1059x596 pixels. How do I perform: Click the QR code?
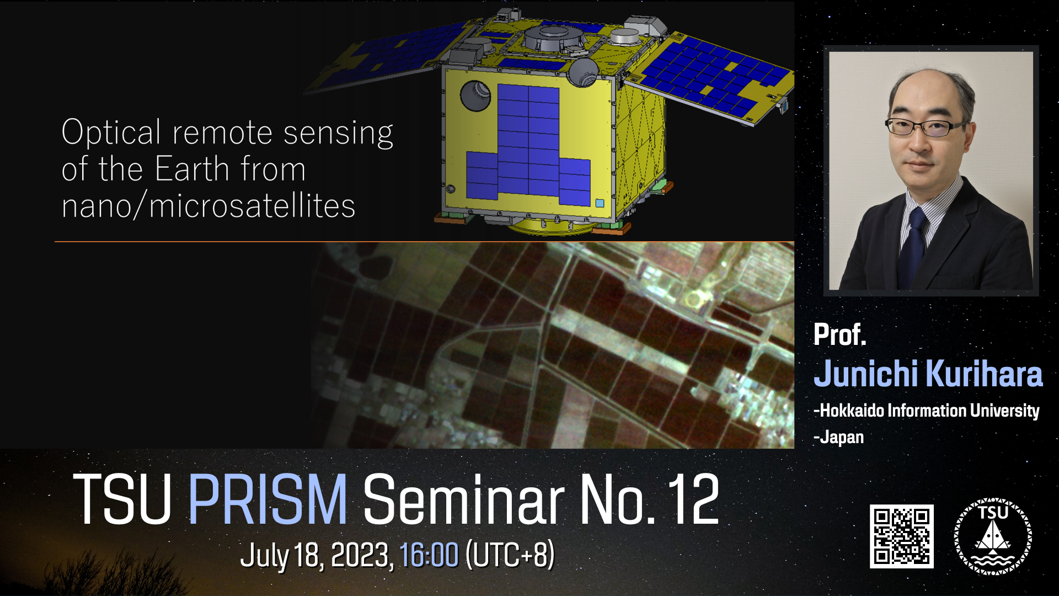[x=902, y=536]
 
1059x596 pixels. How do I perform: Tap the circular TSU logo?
[x=993, y=536]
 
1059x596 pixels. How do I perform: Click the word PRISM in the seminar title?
[x=268, y=499]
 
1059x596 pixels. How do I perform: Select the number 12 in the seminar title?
[x=693, y=499]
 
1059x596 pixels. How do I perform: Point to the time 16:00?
[x=429, y=555]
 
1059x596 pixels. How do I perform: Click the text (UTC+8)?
[x=510, y=555]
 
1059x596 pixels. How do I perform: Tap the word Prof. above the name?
[x=839, y=334]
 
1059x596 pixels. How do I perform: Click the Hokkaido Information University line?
[x=927, y=411]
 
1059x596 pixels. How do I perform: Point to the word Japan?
[x=839, y=438]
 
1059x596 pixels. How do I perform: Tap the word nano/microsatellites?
[x=208, y=206]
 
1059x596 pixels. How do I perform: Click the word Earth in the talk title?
[x=192, y=169]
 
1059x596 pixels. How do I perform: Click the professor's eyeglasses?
[x=927, y=127]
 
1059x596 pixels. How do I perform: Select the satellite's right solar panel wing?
[x=712, y=77]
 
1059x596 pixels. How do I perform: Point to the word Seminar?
[x=463, y=499]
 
